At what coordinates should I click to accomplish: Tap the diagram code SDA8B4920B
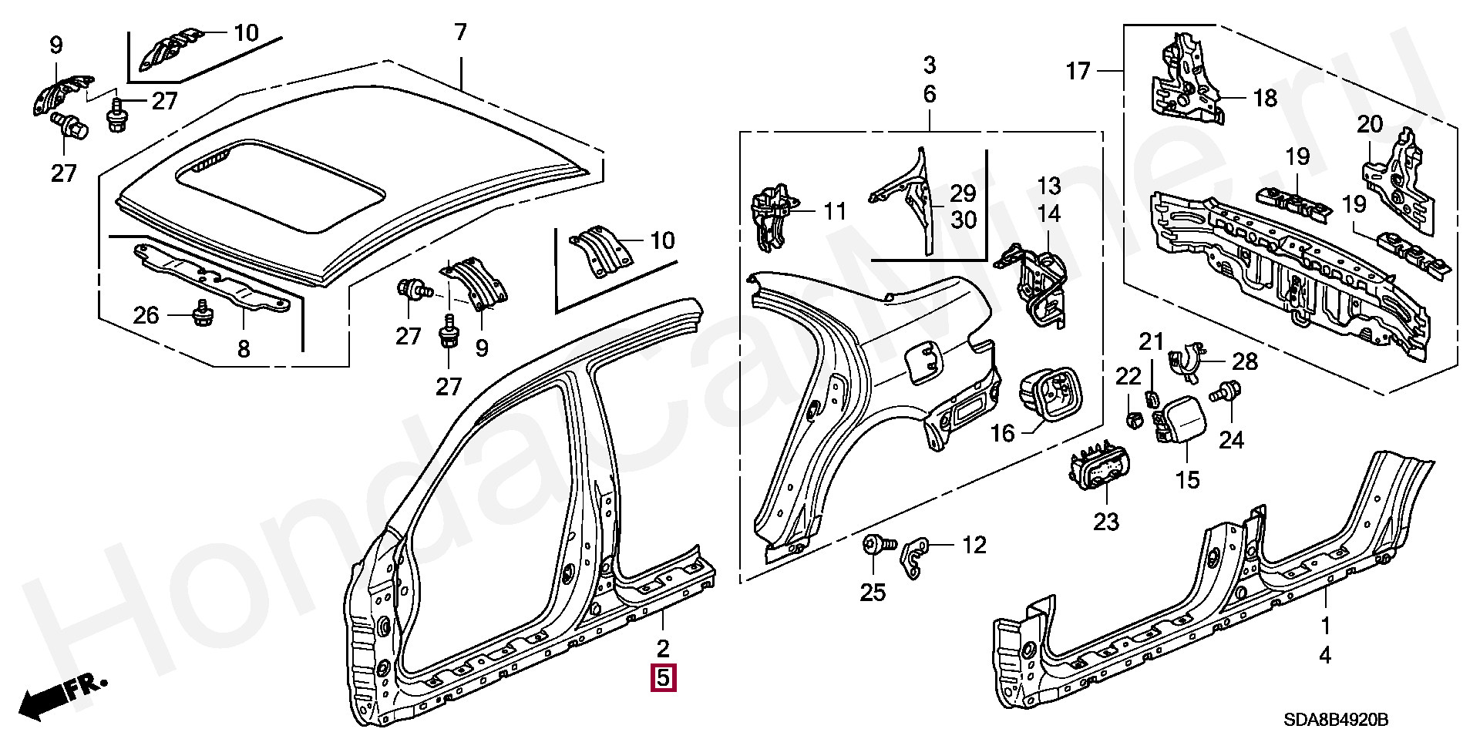click(x=1336, y=720)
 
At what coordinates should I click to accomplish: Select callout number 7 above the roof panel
click(x=460, y=32)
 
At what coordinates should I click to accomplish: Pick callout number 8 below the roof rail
click(x=244, y=349)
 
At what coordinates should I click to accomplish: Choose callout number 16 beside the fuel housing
click(x=1002, y=433)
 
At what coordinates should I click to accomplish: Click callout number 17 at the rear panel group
click(x=1078, y=72)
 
